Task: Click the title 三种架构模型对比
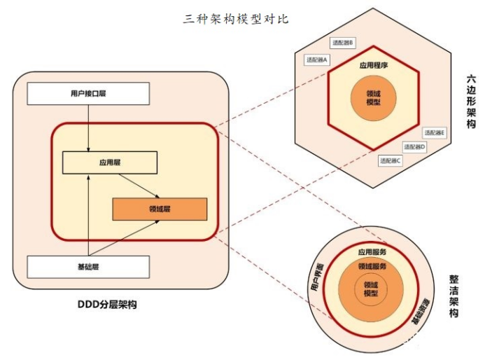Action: tap(236, 19)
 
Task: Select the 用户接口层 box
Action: tap(88, 93)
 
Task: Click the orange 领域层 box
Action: tap(160, 209)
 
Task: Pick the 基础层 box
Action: tap(88, 267)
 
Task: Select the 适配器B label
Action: tap(342, 43)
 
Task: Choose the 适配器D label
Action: tap(414, 147)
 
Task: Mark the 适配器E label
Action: tap(434, 132)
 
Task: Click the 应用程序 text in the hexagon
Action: tap(374, 65)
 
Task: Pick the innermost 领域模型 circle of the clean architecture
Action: tap(371, 289)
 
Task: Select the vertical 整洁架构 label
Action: tap(454, 297)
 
